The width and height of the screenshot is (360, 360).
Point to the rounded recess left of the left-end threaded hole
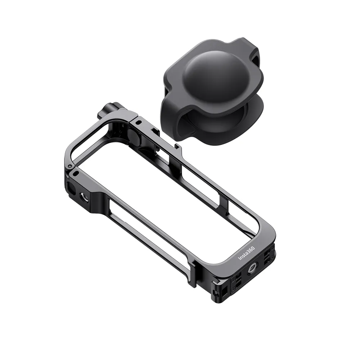click(x=71, y=187)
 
